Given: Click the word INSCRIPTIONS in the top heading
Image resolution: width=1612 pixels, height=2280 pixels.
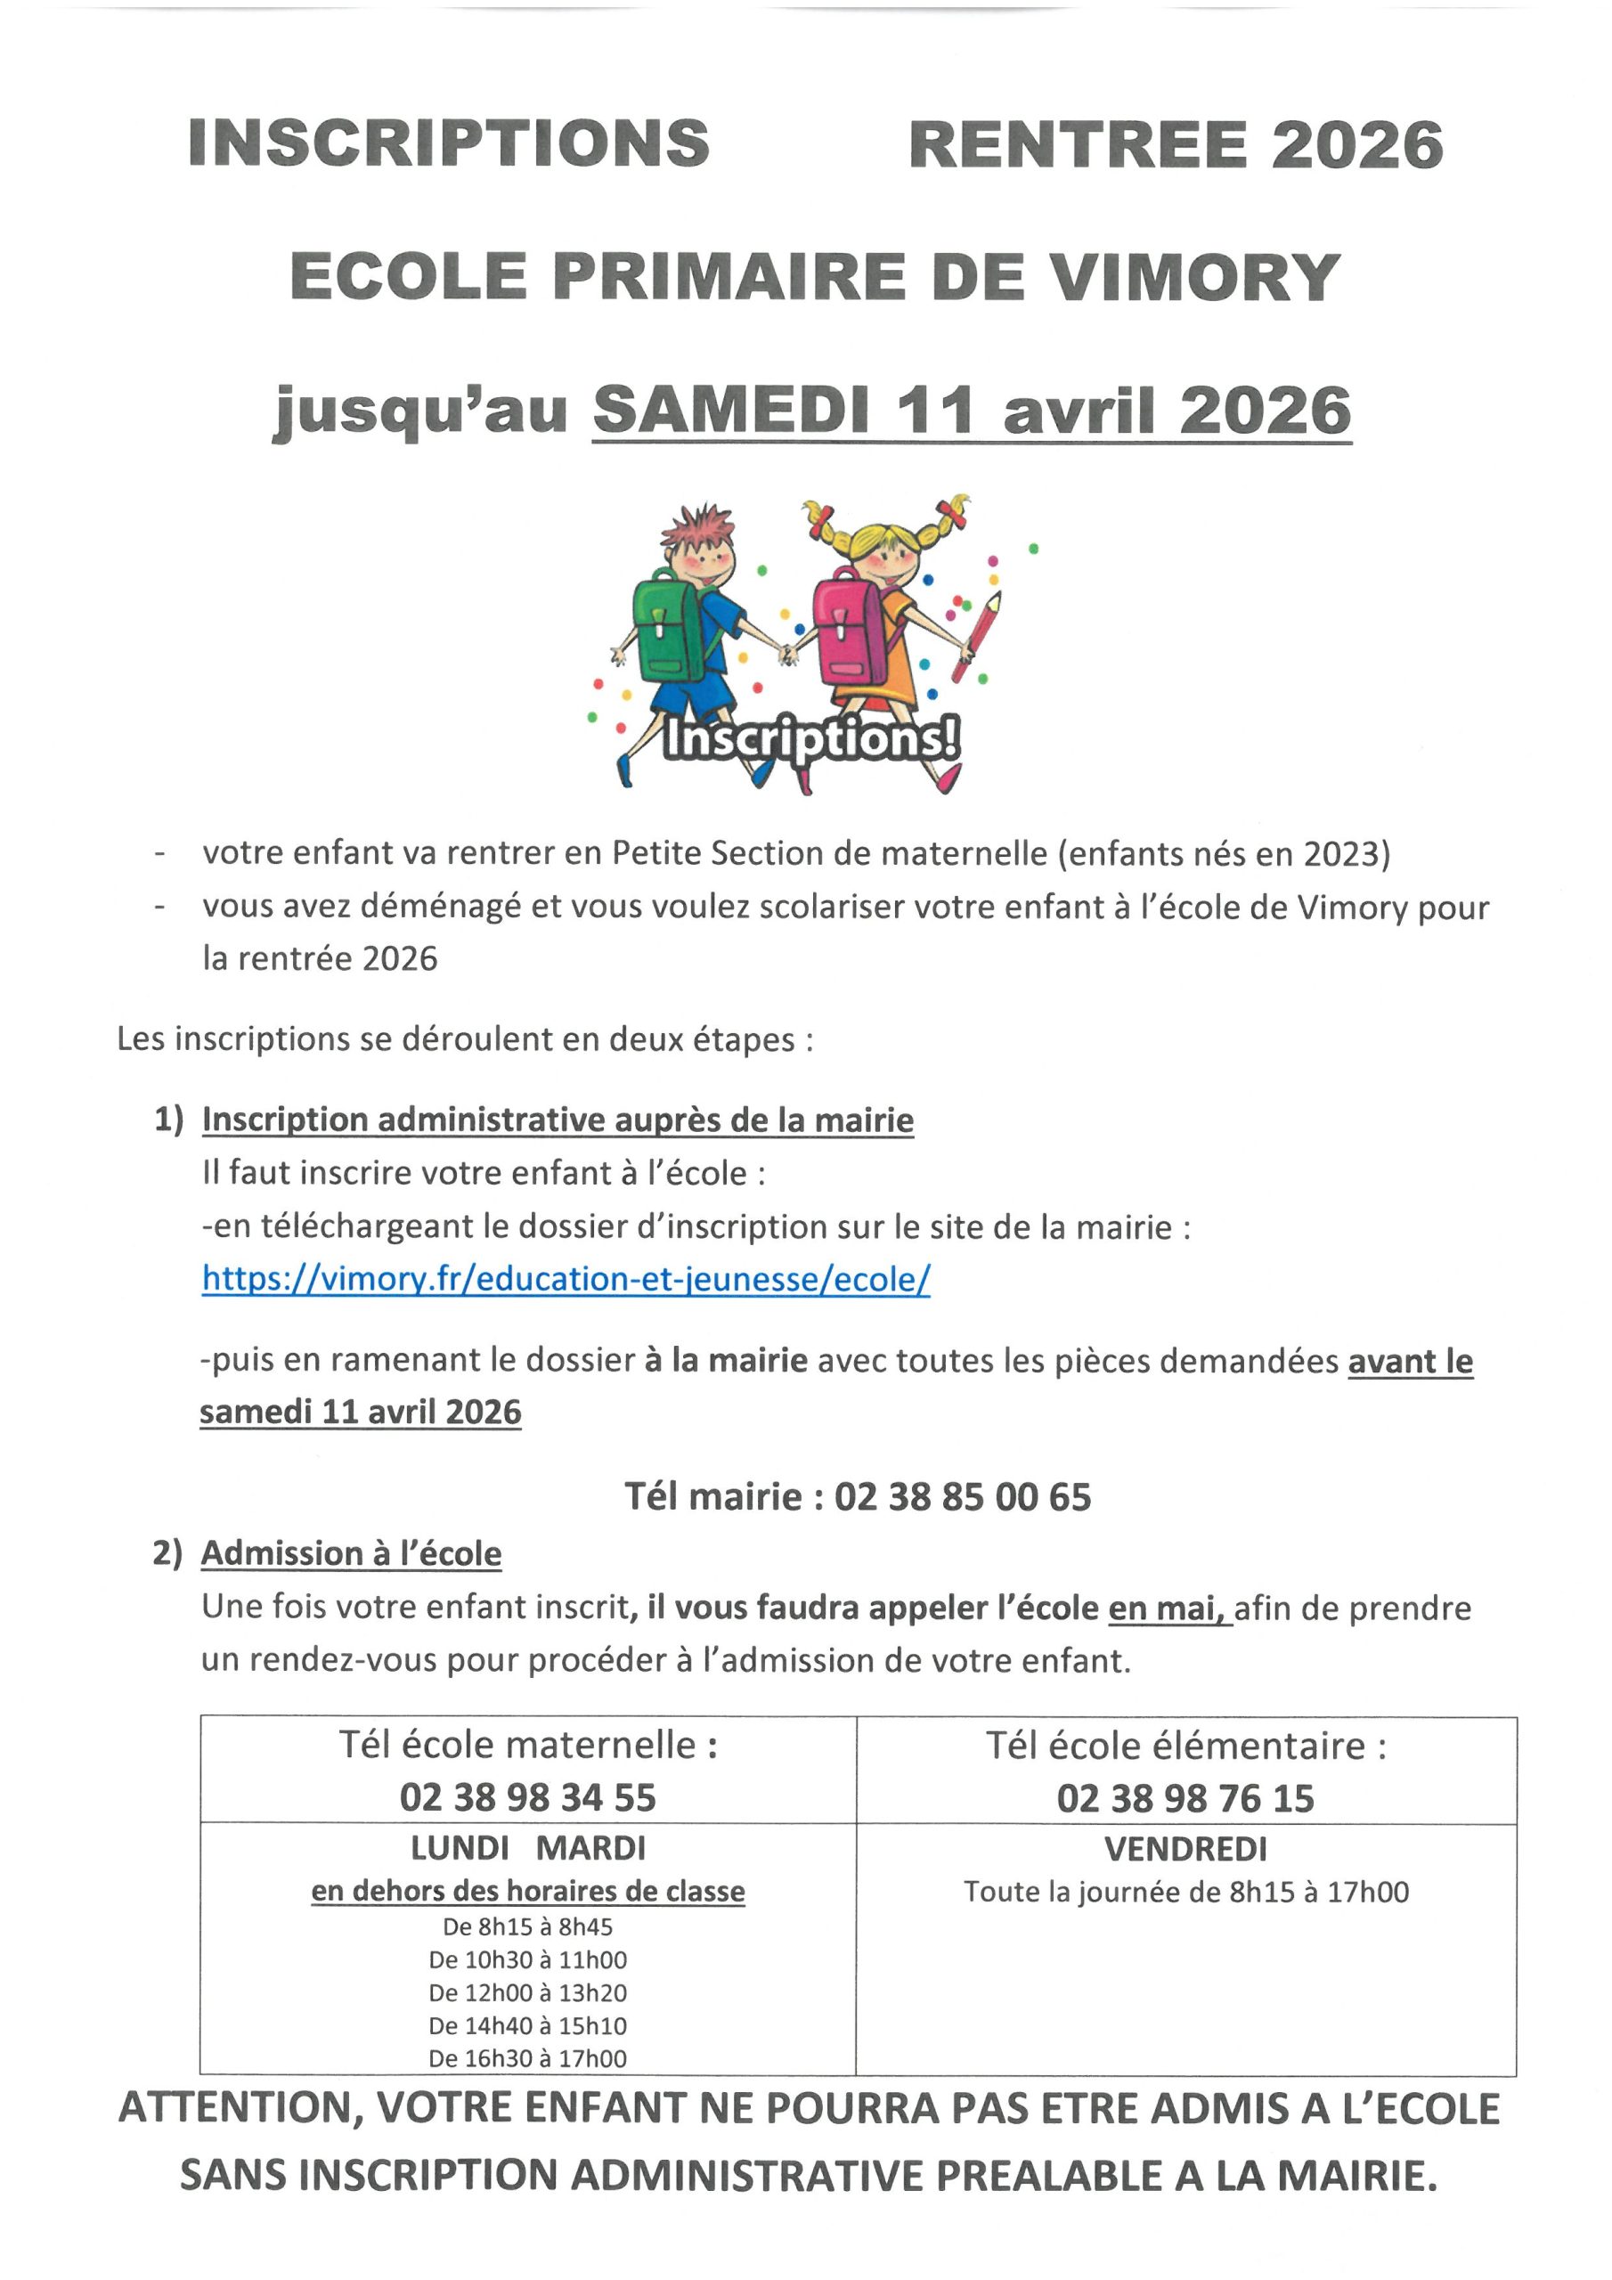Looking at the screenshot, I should (x=448, y=144).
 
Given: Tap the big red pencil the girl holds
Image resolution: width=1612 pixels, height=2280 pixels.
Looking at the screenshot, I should (x=976, y=637).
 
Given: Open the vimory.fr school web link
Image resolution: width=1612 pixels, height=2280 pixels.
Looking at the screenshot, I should (x=566, y=1278).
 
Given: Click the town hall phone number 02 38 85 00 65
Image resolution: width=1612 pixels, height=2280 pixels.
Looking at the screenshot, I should (x=962, y=1496).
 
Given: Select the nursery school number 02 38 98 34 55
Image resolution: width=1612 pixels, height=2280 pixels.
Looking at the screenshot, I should (x=527, y=1797).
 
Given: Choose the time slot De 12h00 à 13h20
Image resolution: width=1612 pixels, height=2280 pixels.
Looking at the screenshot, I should (x=527, y=1992).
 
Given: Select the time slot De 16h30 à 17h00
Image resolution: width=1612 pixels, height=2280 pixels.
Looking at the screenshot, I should (x=527, y=2058).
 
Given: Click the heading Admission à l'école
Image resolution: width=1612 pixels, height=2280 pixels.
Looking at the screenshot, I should (x=352, y=1553).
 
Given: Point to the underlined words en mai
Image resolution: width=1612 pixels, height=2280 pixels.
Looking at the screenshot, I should (x=1167, y=1608).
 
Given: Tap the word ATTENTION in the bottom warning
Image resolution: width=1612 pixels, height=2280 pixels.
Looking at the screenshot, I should (x=234, y=2109).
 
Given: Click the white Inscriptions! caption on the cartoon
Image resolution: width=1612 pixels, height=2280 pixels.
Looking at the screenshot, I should (x=810, y=739).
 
